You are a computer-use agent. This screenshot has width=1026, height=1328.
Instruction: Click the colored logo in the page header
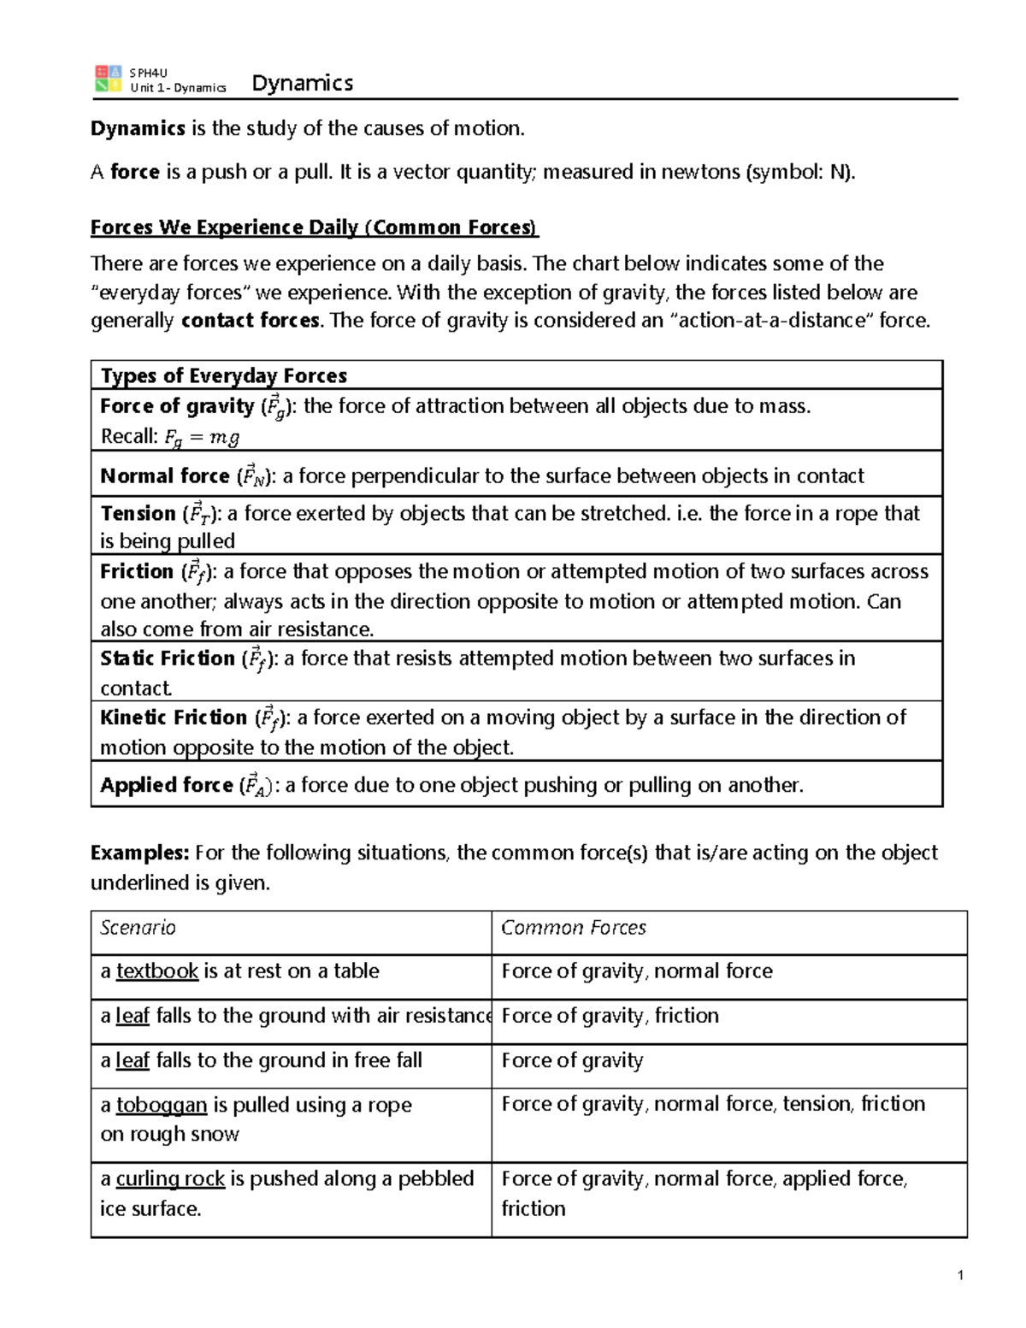coord(108,79)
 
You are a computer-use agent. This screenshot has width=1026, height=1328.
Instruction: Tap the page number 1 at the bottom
coord(960,1275)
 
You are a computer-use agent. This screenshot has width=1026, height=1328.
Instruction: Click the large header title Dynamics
coord(302,83)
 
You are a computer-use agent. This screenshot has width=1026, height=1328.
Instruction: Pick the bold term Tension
coord(138,513)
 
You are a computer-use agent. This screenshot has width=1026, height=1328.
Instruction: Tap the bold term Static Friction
coord(167,658)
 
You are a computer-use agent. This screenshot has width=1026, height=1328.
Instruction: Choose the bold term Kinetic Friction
coord(173,717)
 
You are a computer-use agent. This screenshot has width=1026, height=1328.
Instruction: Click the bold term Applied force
coord(166,785)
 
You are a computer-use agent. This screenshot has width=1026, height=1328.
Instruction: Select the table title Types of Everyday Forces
coord(223,376)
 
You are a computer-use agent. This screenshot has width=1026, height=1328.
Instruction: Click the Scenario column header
coord(138,928)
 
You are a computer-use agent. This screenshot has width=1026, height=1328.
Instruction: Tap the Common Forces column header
coord(573,928)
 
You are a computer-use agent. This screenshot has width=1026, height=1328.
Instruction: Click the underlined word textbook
coord(157,971)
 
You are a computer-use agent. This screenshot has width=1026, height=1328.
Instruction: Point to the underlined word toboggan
coord(162,1105)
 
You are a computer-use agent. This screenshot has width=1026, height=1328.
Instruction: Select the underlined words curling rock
coord(170,1178)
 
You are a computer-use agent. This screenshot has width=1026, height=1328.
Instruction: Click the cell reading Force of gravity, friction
coord(610,1016)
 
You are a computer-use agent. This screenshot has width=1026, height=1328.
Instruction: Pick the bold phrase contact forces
coord(251,321)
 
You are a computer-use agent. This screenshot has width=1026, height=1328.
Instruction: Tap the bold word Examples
coord(139,853)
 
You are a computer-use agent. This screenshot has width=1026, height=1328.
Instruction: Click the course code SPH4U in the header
coord(148,73)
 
